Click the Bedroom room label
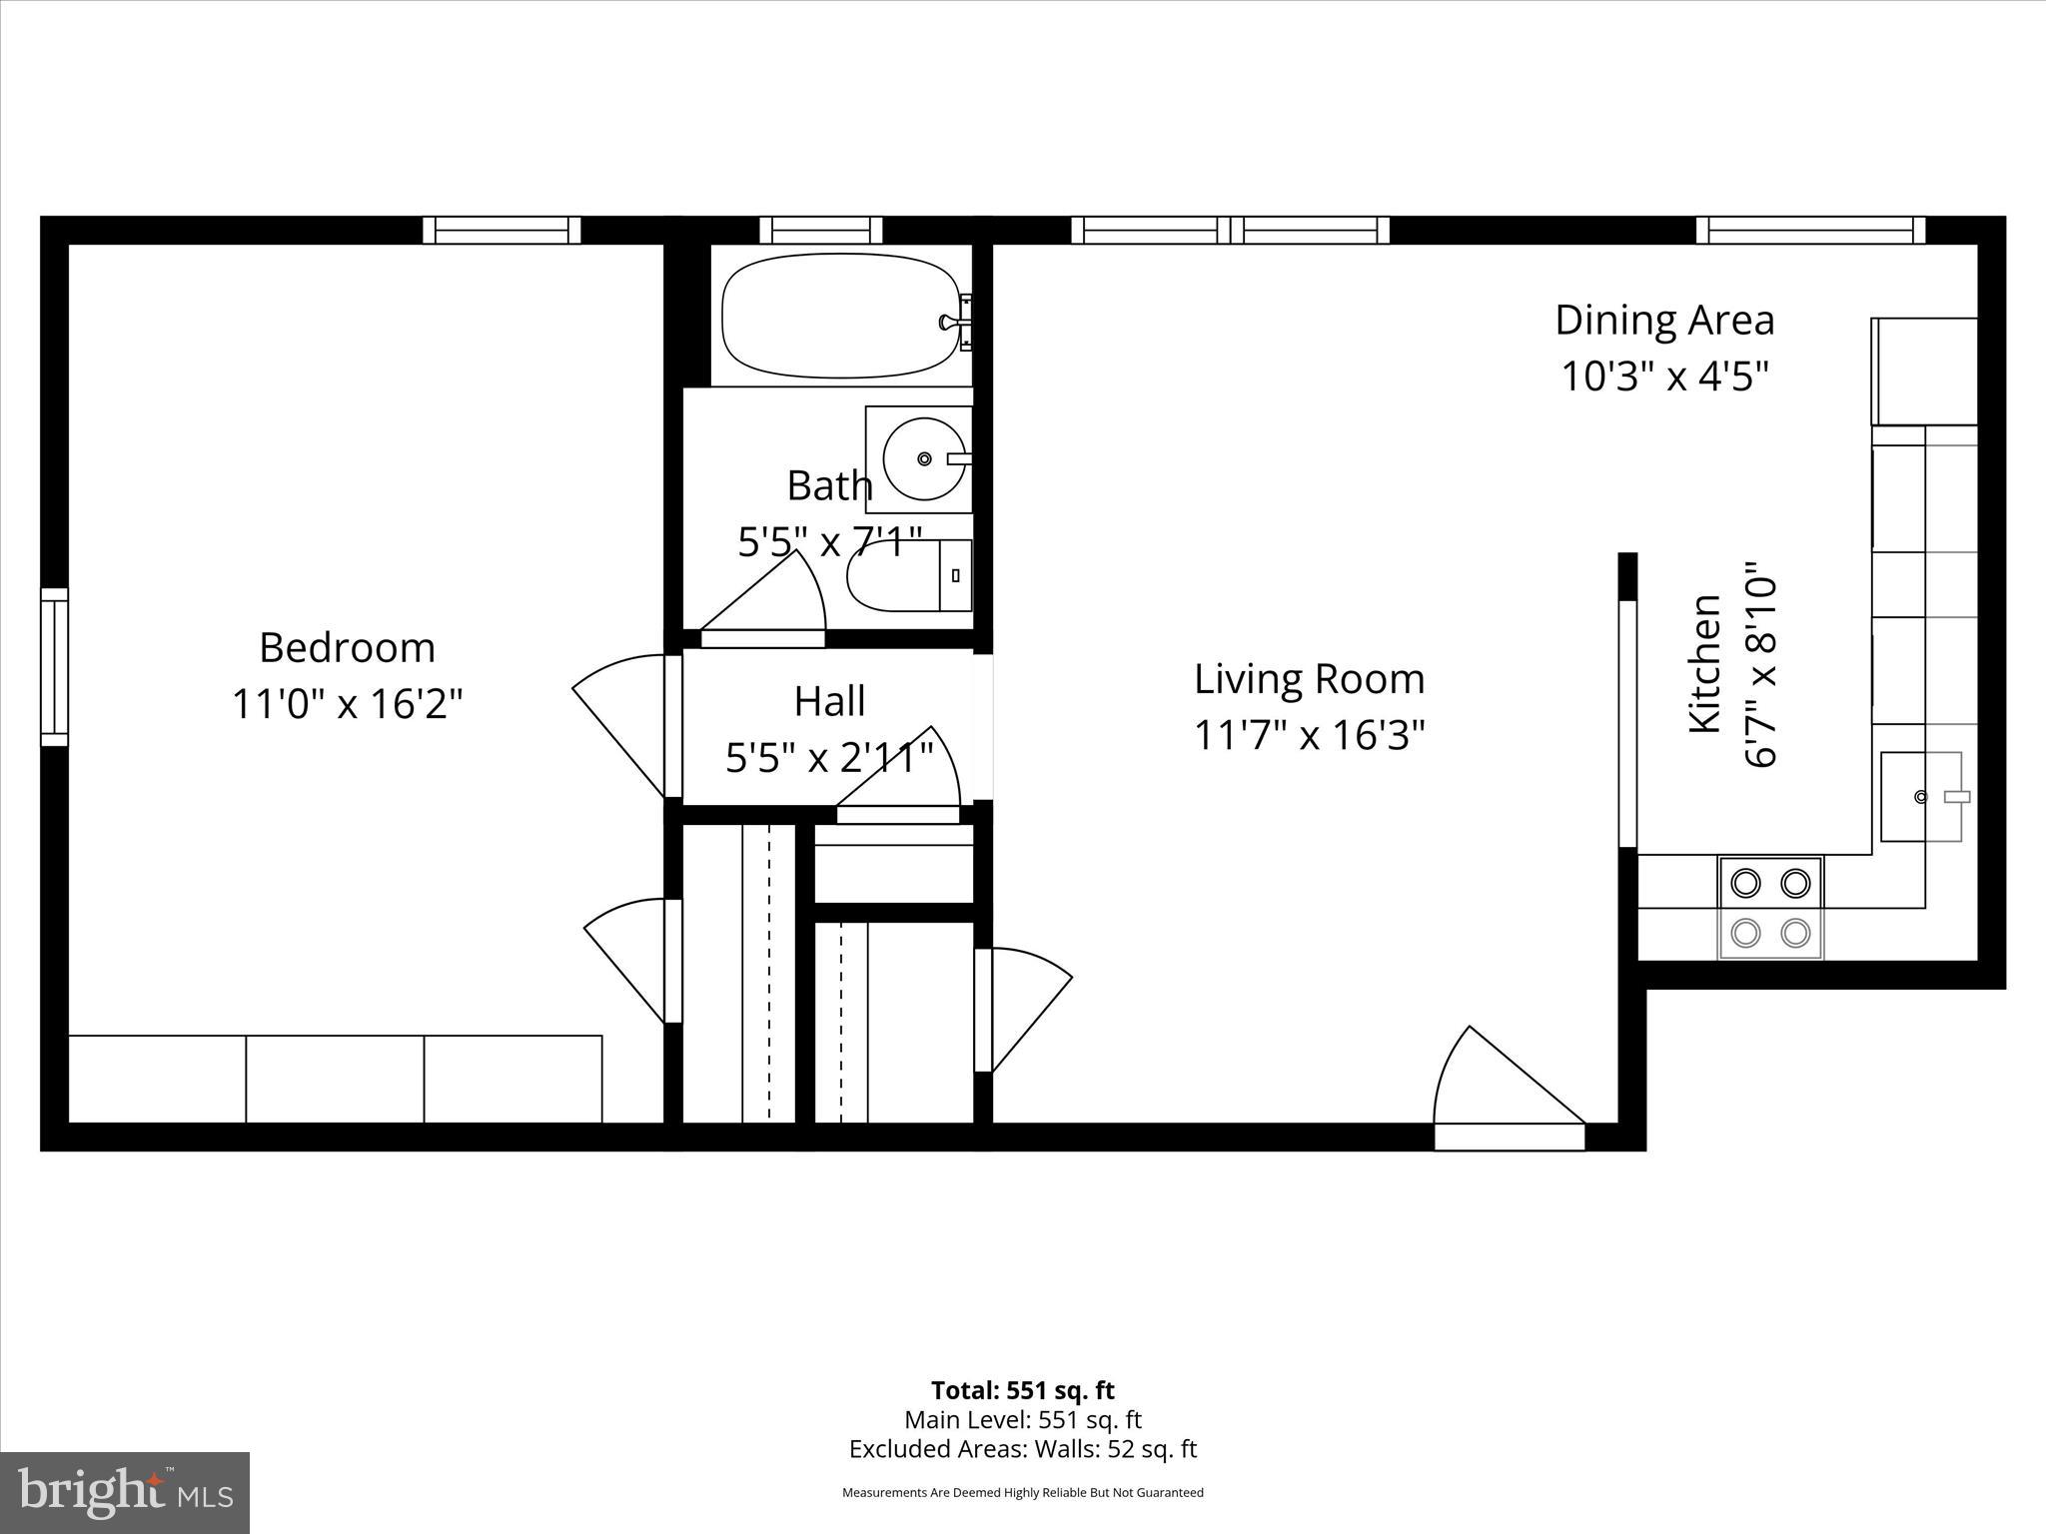pos(347,648)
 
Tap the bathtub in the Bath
pos(837,316)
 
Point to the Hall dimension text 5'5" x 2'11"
pos(828,758)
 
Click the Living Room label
pos(1309,679)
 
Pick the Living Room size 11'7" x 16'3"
pos(1309,736)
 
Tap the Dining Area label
pos(1664,320)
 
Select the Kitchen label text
pos(1704,663)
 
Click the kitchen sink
pos(1920,797)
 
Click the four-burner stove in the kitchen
pos(1770,908)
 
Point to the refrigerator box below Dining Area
pos(1924,372)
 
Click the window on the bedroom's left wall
pos(54,667)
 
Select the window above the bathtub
pos(821,230)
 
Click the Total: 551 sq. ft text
pos(1022,1390)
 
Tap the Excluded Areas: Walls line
pos(1022,1448)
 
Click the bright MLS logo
pos(125,1493)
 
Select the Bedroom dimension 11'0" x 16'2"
pos(347,704)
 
